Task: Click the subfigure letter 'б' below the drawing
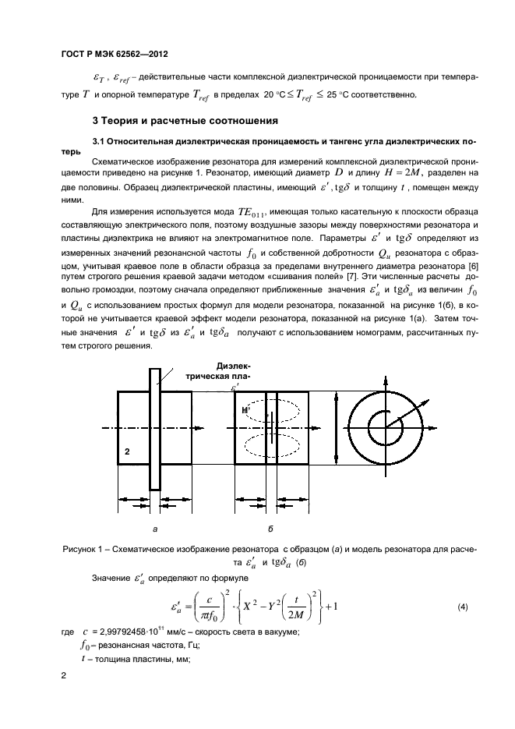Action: pyautogui.click(x=270, y=529)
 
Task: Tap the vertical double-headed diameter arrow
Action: pyautogui.click(x=337, y=428)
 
